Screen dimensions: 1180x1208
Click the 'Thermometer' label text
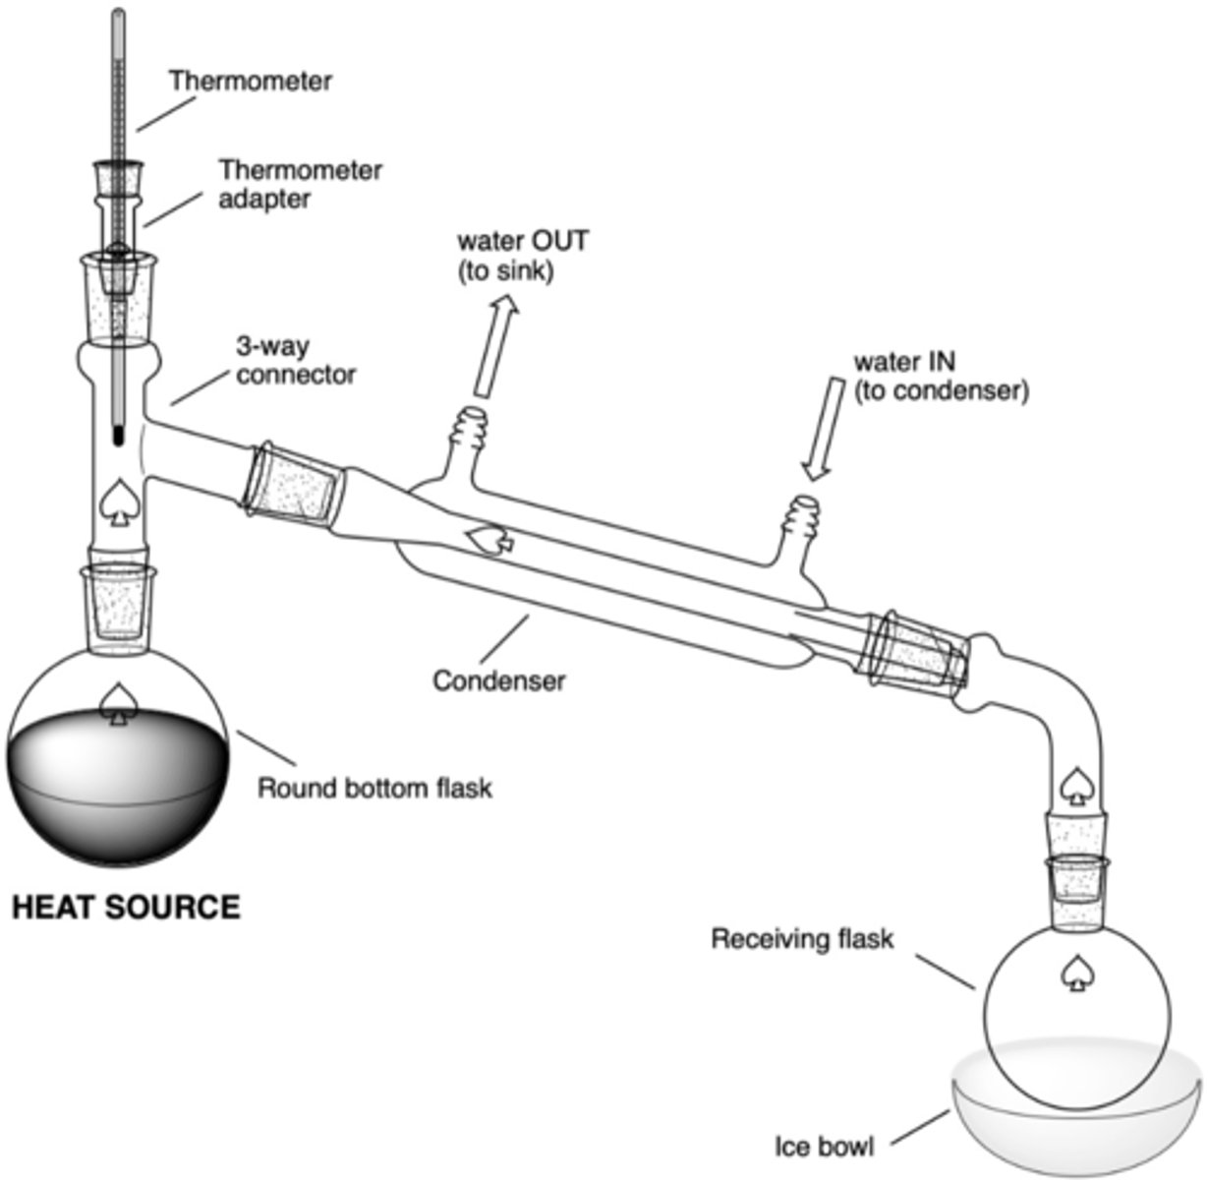[x=250, y=81]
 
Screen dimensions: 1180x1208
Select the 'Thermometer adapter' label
[x=300, y=183]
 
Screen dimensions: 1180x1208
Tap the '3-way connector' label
[x=294, y=361]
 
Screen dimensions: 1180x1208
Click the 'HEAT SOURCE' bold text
[x=125, y=906]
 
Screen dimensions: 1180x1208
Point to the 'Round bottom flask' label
[x=374, y=788]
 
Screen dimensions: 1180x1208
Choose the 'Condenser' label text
[x=499, y=680]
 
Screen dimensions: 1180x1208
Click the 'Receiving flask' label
[x=802, y=939]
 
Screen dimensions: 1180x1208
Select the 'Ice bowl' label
[x=824, y=1146]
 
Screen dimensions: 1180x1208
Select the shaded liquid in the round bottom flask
[x=118, y=796]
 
